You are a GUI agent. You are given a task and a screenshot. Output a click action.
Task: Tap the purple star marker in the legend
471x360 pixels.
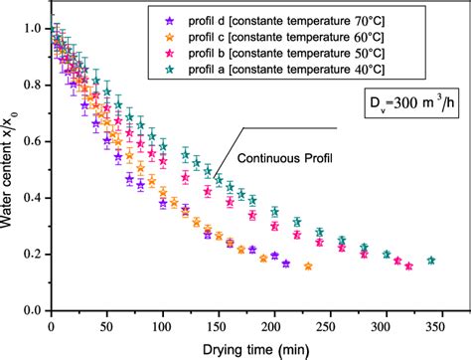point(171,19)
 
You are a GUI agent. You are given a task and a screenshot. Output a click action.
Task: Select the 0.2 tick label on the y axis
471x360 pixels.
point(35,254)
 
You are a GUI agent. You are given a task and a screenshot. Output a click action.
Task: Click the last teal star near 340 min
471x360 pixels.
point(430,261)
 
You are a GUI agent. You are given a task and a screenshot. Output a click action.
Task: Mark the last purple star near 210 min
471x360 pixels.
point(286,264)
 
